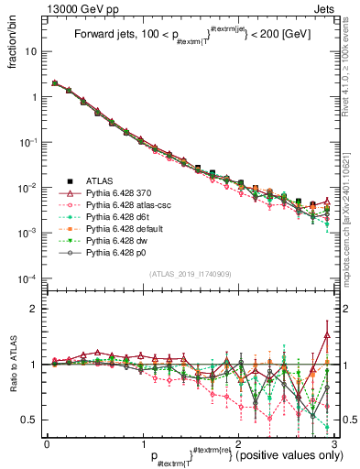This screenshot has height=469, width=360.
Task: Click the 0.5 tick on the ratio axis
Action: [x=30, y=420]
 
